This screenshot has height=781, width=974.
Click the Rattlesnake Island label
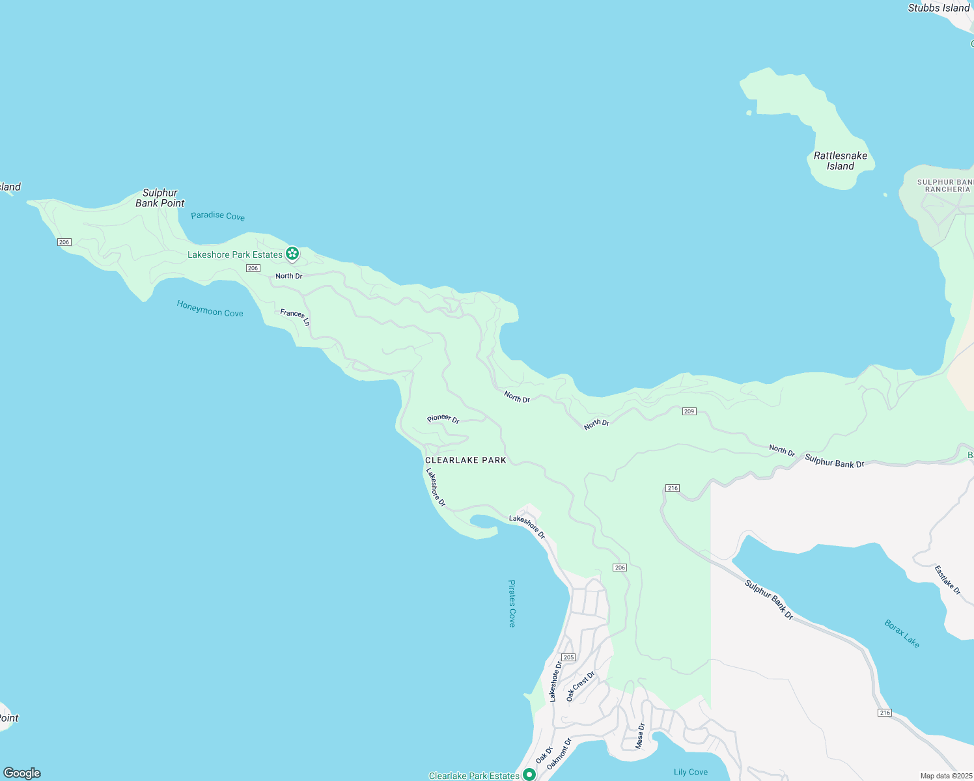coord(840,161)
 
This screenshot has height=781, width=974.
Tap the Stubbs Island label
coord(938,8)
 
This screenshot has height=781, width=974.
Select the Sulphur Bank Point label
coord(160,198)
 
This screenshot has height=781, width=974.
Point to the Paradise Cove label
coord(217,216)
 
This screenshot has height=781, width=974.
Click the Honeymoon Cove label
coord(210,308)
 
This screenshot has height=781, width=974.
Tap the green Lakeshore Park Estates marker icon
coord(292,253)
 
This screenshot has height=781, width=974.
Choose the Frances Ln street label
coord(295,318)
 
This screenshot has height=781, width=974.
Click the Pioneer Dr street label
coord(443,419)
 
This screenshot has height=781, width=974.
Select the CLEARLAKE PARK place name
coord(466,460)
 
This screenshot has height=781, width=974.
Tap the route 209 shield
coord(689,411)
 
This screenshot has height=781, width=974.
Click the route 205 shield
coord(568,657)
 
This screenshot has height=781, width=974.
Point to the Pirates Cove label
coord(512,603)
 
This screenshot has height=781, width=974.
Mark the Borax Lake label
coord(902,633)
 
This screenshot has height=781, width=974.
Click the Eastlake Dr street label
coord(947,580)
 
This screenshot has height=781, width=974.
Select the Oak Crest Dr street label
coord(580,686)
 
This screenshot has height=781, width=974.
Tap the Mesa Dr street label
coord(640,735)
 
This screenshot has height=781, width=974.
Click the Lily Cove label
coord(690,772)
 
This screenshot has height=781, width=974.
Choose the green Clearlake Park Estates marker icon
coord(529,774)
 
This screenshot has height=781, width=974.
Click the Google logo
coord(22,773)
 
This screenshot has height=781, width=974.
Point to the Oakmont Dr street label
coord(559,754)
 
